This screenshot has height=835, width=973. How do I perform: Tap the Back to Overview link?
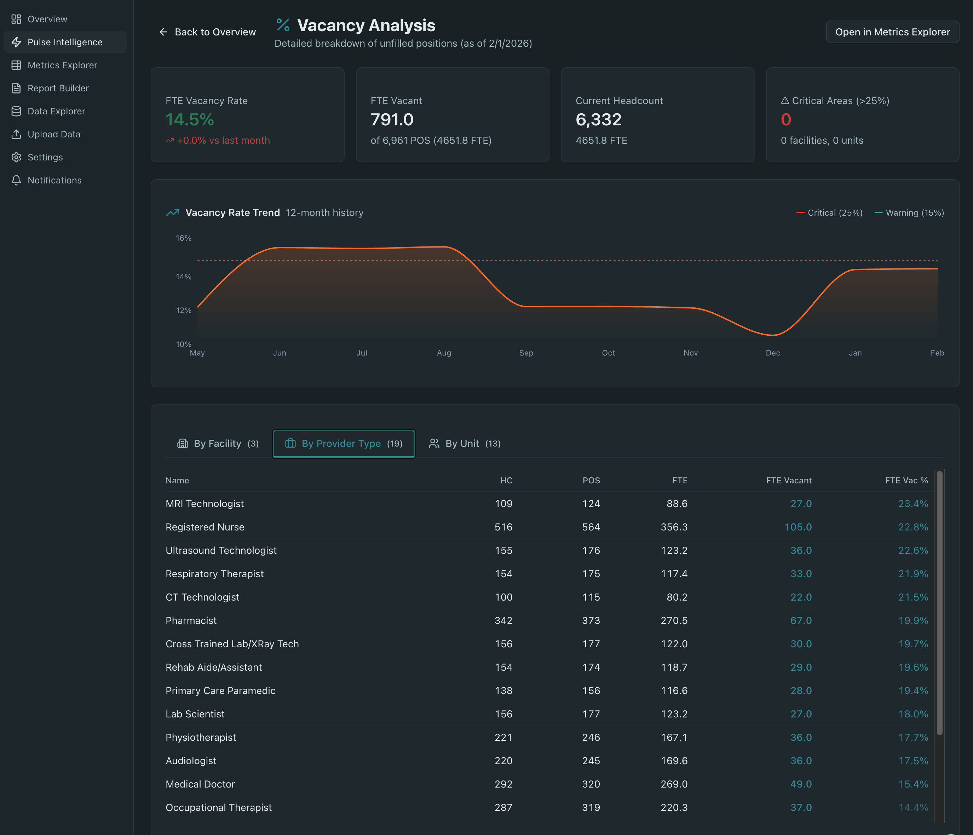pyautogui.click(x=208, y=32)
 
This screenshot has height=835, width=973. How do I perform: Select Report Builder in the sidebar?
pyautogui.click(x=58, y=88)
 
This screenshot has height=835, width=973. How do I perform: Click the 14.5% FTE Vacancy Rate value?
pyautogui.click(x=190, y=120)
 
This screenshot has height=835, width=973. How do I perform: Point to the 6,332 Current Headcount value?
pyautogui.click(x=598, y=120)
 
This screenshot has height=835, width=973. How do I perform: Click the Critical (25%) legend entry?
pyautogui.click(x=829, y=213)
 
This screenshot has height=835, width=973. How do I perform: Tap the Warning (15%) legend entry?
pyautogui.click(x=909, y=213)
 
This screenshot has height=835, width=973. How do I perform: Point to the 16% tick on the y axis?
pyautogui.click(x=184, y=238)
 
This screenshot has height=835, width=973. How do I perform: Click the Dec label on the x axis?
pyautogui.click(x=772, y=353)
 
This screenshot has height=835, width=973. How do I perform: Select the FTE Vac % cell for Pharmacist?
pyautogui.click(x=913, y=621)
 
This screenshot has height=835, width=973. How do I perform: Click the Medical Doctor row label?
pyautogui.click(x=200, y=784)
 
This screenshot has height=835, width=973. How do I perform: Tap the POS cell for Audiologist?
pyautogui.click(x=591, y=761)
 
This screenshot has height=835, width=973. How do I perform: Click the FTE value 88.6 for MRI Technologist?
pyautogui.click(x=677, y=504)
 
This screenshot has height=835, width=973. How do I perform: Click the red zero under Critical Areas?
pyautogui.click(x=785, y=120)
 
